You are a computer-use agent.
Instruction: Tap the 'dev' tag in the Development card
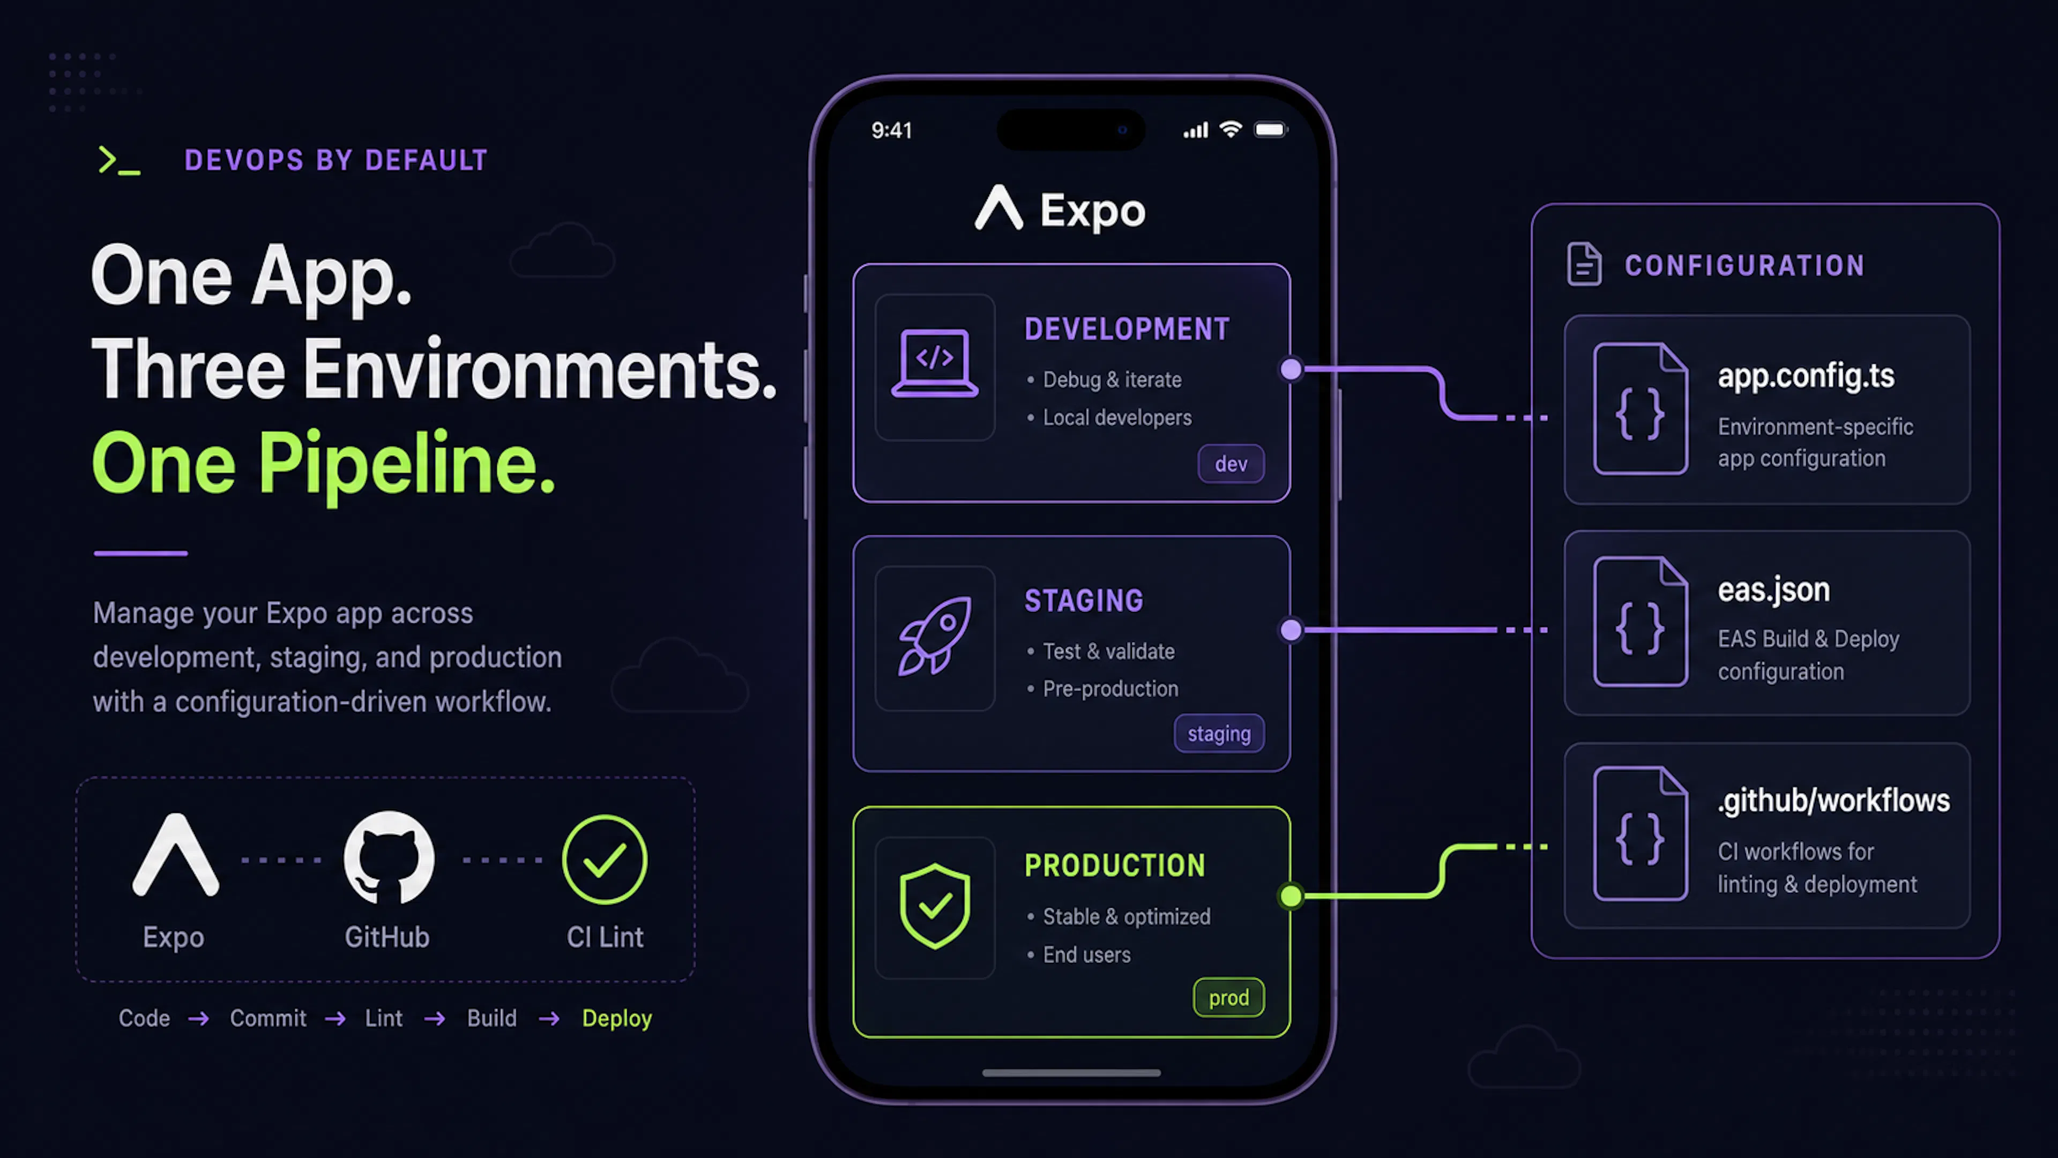click(1231, 464)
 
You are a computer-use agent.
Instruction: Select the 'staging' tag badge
click(1219, 733)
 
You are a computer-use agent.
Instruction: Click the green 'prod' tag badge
click(1229, 997)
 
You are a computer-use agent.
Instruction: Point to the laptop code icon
click(935, 363)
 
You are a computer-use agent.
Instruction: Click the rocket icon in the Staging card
click(935, 636)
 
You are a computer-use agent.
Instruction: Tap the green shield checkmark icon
click(935, 906)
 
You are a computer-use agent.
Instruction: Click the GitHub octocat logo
click(389, 858)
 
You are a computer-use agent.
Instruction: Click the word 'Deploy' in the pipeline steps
click(617, 1018)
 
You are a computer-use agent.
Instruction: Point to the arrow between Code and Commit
click(199, 1018)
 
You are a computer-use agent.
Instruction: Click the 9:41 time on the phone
click(892, 130)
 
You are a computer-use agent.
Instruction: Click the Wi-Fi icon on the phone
click(1231, 129)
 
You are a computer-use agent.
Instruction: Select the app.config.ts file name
click(1806, 375)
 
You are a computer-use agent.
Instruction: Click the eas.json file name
click(1773, 589)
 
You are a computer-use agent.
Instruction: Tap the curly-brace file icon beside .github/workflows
click(1640, 833)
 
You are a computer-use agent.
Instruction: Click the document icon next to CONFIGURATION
click(1584, 264)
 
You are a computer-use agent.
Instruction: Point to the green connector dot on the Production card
click(1291, 896)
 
